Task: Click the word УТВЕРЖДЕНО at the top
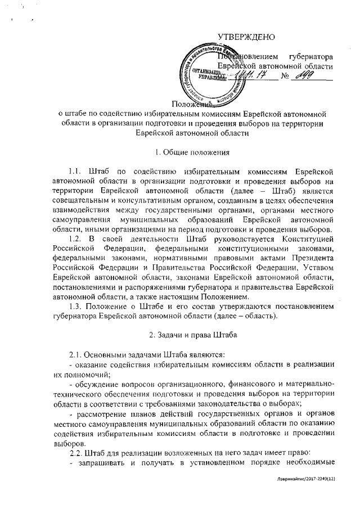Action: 246,38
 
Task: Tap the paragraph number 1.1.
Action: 75,171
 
